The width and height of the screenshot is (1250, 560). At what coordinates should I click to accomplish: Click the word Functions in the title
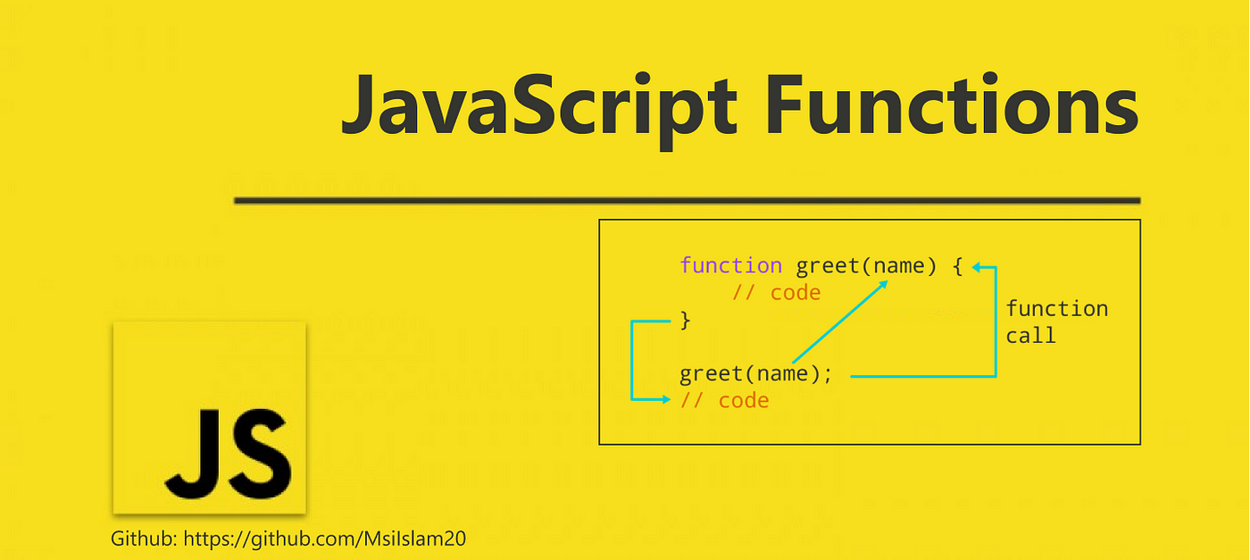click(x=952, y=104)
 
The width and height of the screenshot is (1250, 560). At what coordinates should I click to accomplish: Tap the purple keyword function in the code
click(x=730, y=265)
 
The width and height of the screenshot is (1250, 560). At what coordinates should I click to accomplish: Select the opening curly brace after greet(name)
click(x=957, y=266)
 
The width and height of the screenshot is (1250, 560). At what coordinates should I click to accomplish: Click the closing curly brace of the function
click(x=686, y=321)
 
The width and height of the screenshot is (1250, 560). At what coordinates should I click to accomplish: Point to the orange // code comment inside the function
click(x=776, y=293)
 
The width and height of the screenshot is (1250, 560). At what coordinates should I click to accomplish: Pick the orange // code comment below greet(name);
click(x=724, y=400)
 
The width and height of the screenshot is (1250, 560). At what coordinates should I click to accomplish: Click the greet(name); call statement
click(x=756, y=373)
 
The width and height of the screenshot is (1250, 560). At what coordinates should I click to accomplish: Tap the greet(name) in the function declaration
click(x=866, y=266)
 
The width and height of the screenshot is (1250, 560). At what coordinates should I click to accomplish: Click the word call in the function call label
click(x=1030, y=336)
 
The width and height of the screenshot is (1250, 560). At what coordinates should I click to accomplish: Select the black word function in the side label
click(x=1057, y=308)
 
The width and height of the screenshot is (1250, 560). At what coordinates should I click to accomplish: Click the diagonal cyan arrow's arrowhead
click(x=882, y=285)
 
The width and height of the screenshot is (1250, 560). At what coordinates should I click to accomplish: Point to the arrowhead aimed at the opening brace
click(x=977, y=267)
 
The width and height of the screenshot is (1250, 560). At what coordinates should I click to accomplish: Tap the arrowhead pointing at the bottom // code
click(x=666, y=399)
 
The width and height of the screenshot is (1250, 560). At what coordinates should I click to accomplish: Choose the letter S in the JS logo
click(x=261, y=454)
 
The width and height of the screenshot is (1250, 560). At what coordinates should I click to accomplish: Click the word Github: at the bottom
click(x=144, y=539)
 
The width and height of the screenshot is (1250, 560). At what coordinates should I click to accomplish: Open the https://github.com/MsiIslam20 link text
click(x=325, y=539)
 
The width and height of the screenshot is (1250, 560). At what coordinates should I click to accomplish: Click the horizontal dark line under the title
click(x=687, y=200)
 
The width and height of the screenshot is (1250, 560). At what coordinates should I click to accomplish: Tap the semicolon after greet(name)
click(x=828, y=375)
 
